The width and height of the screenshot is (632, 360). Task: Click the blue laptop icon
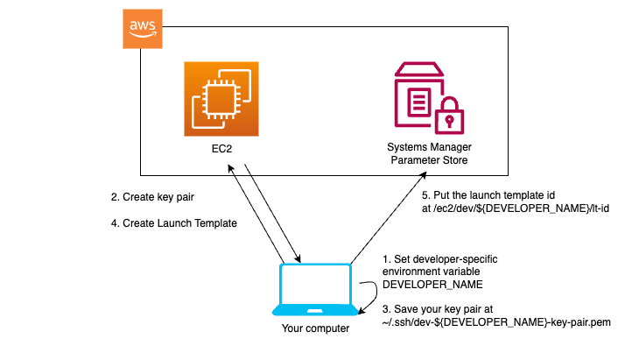point(315,289)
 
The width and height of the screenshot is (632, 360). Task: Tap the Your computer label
point(315,329)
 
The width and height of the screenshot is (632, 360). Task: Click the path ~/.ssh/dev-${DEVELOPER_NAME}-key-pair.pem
point(495,323)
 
